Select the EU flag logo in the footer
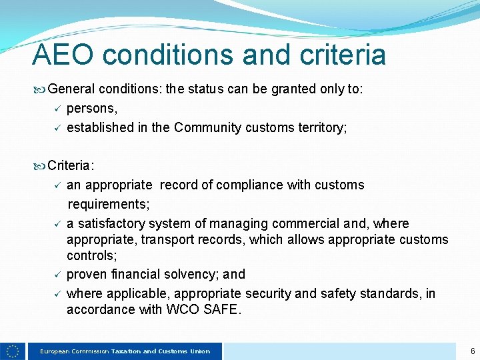[13, 351]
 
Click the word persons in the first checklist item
[92, 108]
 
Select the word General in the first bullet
[72, 89]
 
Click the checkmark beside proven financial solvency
[58, 274]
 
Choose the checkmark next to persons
[58, 108]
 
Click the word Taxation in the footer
[126, 351]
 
